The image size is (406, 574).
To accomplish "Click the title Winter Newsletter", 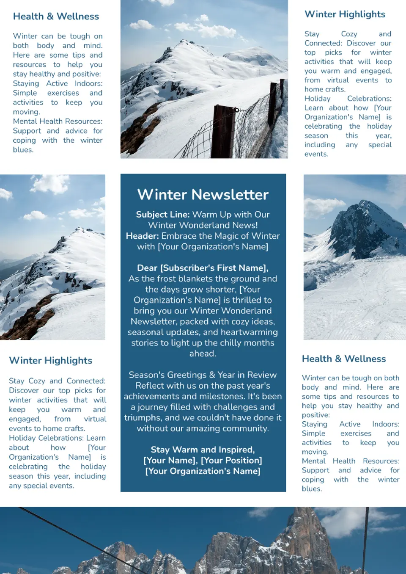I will [x=203, y=195].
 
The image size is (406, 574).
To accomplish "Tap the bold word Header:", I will [x=142, y=236].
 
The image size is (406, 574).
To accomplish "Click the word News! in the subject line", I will [x=244, y=225].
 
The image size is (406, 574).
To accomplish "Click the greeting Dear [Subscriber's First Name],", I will [x=203, y=268].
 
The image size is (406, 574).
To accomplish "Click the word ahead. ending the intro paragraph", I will [x=203, y=353].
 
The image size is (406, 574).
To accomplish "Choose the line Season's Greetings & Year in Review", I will [x=203, y=375].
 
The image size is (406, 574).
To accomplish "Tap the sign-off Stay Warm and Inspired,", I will [x=203, y=450].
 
